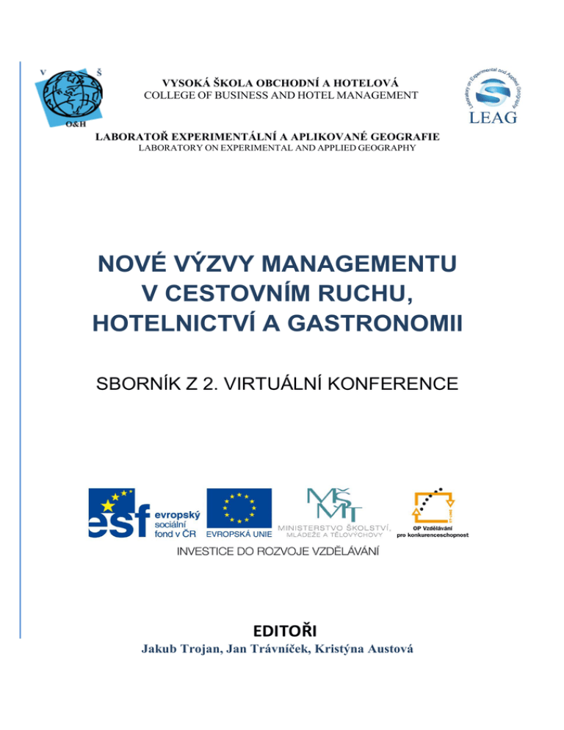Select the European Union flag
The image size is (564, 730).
point(239,506)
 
